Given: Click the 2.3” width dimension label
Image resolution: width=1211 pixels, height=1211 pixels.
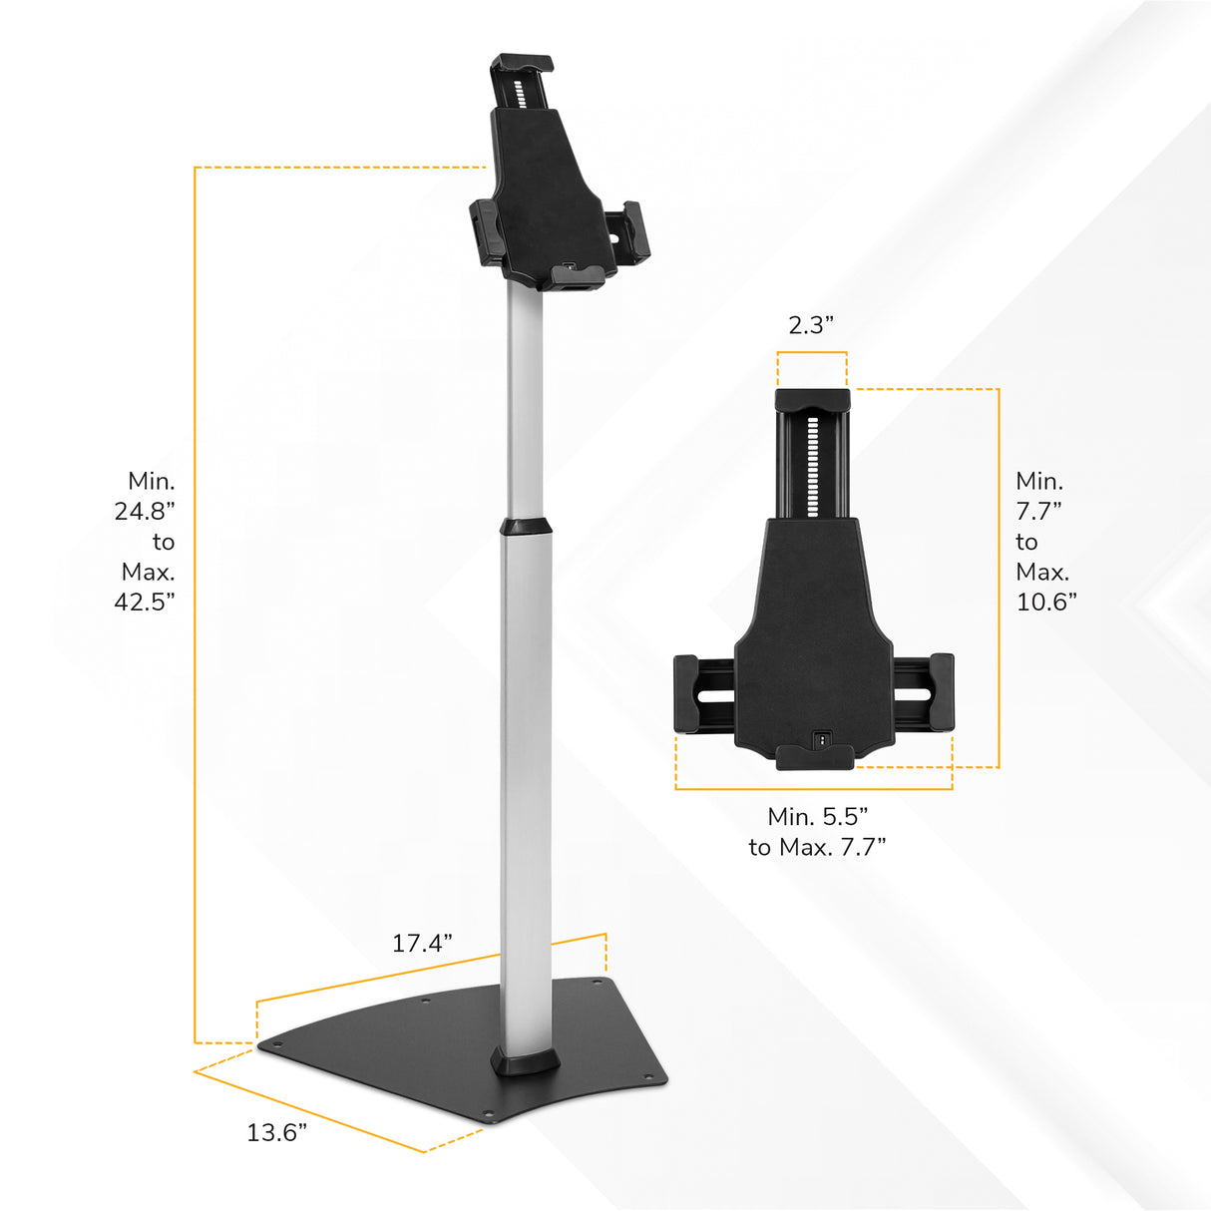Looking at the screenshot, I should click(x=810, y=325).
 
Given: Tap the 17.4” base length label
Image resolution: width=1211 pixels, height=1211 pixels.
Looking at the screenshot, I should click(x=422, y=943).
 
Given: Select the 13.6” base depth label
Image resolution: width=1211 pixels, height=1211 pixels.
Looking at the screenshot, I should click(x=276, y=1132).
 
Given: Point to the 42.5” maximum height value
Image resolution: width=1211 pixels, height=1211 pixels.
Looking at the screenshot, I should click(x=145, y=602).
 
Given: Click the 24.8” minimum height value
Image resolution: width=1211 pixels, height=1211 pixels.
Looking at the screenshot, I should click(x=145, y=512).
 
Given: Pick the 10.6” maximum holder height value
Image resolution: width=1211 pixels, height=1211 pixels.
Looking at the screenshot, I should click(x=1045, y=602).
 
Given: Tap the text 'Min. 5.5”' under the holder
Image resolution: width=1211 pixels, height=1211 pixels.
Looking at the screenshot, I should click(x=817, y=817).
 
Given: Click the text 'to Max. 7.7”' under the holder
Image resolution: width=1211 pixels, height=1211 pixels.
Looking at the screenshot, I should click(x=817, y=847).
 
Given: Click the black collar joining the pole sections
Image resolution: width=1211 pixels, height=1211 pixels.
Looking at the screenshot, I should click(x=525, y=527).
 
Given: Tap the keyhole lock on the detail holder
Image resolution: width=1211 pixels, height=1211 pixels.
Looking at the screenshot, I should click(x=821, y=739).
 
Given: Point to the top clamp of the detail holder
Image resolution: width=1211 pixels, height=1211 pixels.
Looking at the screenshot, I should click(x=812, y=400).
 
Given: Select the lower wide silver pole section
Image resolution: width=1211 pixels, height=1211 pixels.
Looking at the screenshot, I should click(x=525, y=788).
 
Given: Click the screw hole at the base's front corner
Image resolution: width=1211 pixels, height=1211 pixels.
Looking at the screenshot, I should click(x=488, y=1115).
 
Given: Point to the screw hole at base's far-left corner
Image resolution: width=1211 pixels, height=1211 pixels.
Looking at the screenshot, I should click(x=278, y=1044).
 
